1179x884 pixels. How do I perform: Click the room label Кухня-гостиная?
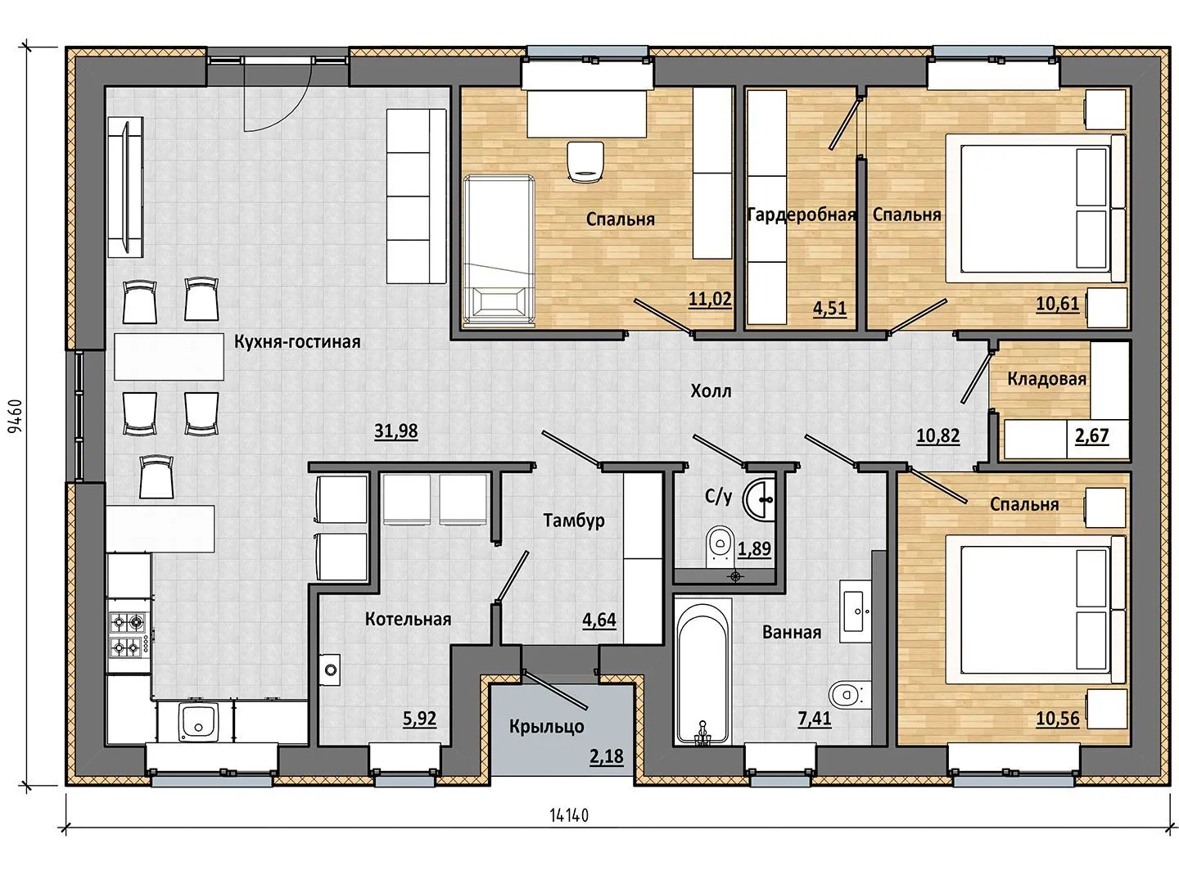297,342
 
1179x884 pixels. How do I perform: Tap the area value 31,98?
395,431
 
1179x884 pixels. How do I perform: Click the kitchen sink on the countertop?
199,722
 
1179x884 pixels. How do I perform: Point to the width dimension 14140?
569,816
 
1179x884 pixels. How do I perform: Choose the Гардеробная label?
802,214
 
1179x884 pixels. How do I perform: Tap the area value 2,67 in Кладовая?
1091,435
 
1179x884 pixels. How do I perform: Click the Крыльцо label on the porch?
546,727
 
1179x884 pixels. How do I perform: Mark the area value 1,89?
754,548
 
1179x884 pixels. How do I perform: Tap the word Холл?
711,391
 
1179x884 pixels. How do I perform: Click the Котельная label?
408,619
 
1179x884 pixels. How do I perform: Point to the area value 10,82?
937,435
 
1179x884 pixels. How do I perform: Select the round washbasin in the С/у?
758,499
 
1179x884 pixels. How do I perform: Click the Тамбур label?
574,520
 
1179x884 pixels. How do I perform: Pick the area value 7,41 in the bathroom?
815,719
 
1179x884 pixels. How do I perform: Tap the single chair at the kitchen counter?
157,476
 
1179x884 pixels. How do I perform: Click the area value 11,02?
710,299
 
